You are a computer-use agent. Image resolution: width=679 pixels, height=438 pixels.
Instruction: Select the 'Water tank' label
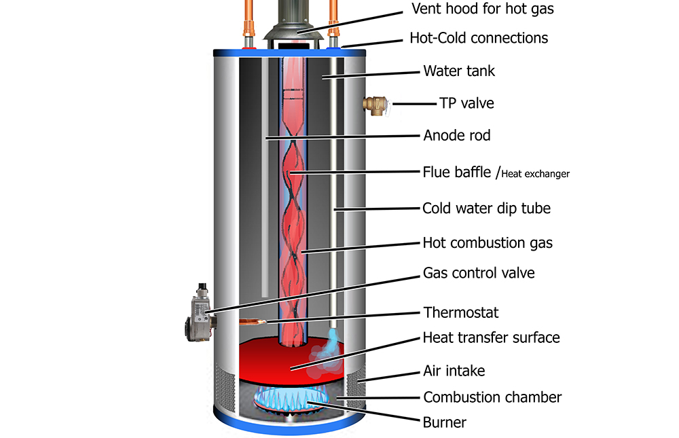pyautogui.click(x=459, y=71)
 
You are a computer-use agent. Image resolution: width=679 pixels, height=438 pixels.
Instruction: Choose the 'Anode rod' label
pyautogui.click(x=456, y=136)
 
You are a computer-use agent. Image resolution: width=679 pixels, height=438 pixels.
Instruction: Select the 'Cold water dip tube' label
pyautogui.click(x=486, y=208)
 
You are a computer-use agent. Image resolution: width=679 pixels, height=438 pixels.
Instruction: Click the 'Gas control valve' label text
pyautogui.click(x=479, y=273)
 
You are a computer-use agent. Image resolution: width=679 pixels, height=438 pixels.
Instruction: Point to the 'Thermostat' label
pyautogui.click(x=461, y=312)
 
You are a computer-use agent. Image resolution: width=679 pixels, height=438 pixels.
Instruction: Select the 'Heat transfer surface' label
pyautogui.click(x=491, y=337)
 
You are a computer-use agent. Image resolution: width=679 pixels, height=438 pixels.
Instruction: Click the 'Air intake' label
pyautogui.click(x=454, y=371)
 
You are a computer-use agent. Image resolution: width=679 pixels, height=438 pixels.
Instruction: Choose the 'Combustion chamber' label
pyautogui.click(x=492, y=397)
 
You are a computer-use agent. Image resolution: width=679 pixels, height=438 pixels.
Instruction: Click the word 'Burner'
pyautogui.click(x=445, y=422)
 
